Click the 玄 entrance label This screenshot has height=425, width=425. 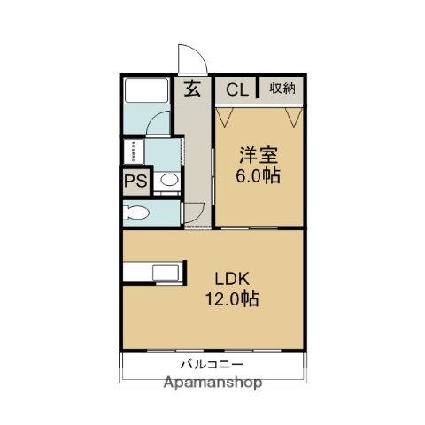(x=192, y=88)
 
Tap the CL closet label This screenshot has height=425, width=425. (x=236, y=89)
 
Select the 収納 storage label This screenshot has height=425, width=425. (x=282, y=89)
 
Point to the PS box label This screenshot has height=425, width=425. (x=135, y=182)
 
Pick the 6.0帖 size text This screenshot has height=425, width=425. (x=258, y=175)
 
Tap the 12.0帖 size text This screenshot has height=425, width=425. (x=234, y=299)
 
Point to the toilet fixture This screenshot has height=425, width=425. (x=137, y=212)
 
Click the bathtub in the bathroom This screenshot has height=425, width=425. (x=146, y=90)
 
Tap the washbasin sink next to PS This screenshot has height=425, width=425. (x=167, y=182)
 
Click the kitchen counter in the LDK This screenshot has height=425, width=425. (x=155, y=272)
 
